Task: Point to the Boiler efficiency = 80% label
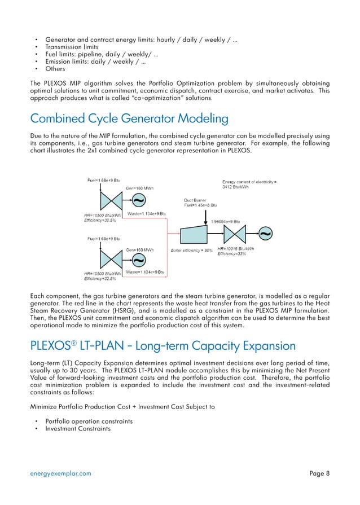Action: [191, 249]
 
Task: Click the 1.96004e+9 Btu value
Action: [225, 221]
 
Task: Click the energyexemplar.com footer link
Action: [60, 473]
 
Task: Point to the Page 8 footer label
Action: [319, 473]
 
